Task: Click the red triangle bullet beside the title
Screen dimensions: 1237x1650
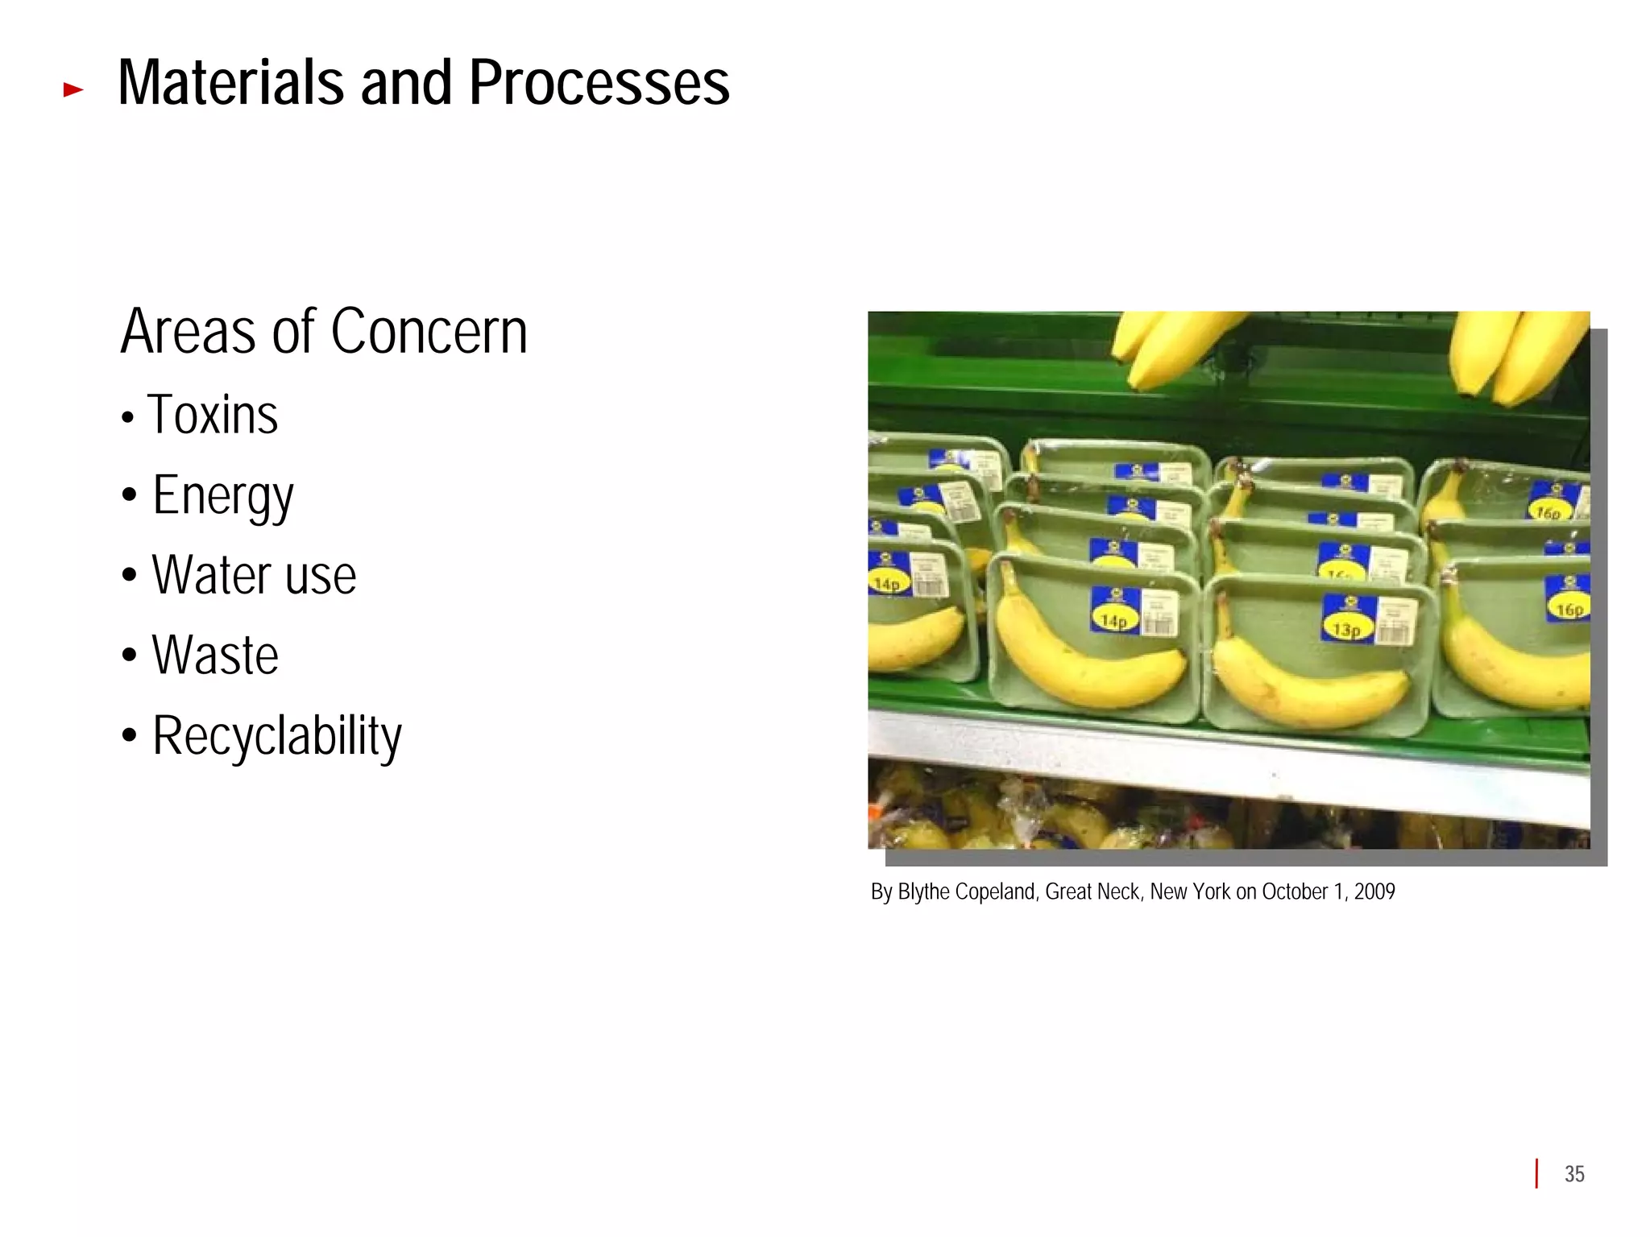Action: (x=73, y=90)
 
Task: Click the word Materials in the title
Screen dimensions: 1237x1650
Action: (x=230, y=83)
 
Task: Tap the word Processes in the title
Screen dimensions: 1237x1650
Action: (x=599, y=83)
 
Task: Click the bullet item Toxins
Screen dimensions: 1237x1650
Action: (x=213, y=416)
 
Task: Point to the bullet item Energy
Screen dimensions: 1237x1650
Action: (x=223, y=496)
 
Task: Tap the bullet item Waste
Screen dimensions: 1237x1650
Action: (x=215, y=656)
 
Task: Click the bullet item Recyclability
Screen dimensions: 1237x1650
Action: (x=276, y=736)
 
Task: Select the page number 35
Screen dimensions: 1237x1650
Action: (x=1574, y=1174)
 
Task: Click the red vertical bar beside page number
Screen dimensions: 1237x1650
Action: (x=1536, y=1173)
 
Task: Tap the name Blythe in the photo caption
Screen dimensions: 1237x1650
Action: (x=923, y=892)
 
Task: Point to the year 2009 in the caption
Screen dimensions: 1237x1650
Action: (x=1374, y=892)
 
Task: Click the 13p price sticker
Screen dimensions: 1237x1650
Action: (x=1347, y=628)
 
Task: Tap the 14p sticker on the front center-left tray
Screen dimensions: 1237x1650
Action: (x=1114, y=620)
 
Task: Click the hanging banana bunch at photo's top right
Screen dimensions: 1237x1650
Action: (x=1515, y=354)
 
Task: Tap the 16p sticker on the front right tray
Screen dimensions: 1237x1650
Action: (x=1569, y=609)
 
